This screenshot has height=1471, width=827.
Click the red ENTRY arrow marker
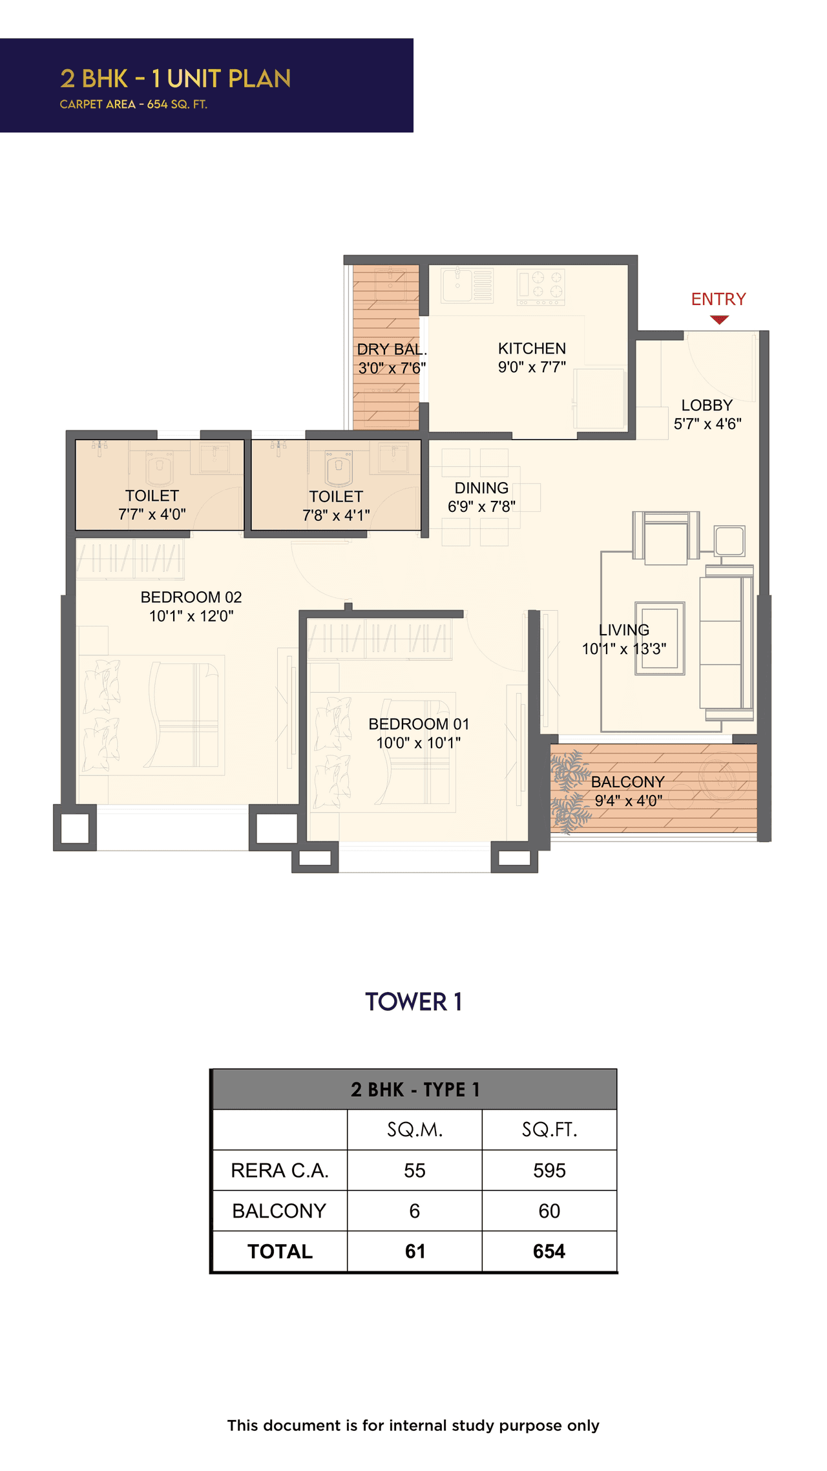click(718, 319)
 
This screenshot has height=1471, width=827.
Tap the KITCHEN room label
click(532, 348)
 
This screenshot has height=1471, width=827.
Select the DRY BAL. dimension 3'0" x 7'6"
click(392, 368)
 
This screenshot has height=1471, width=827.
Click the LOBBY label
click(707, 405)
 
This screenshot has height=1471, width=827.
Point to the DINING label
click(481, 488)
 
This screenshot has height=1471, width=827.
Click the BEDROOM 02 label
click(191, 597)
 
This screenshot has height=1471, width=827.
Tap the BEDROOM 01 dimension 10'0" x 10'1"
click(418, 743)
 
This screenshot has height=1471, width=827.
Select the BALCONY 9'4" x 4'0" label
click(628, 791)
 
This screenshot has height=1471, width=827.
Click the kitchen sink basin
click(457, 285)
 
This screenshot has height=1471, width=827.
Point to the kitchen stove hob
click(541, 286)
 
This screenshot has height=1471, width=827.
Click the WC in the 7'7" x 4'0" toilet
click(160, 468)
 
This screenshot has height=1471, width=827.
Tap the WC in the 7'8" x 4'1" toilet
click(339, 468)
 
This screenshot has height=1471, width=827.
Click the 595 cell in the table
click(549, 1170)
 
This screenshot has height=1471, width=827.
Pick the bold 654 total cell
click(549, 1251)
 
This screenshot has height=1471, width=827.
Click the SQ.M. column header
click(415, 1130)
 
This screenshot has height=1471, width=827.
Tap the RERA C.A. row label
click(280, 1170)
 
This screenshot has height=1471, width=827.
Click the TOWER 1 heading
click(413, 1002)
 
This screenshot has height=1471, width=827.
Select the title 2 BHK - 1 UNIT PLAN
click(176, 79)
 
